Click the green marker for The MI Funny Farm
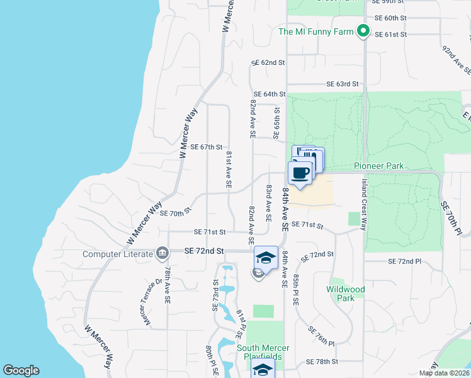pyautogui.click(x=363, y=31)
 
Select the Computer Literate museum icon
pyautogui.click(x=162, y=253)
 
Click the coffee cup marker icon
pyautogui.click(x=300, y=173)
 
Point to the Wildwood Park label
pyautogui.click(x=345, y=294)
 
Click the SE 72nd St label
pyautogui.click(x=205, y=251)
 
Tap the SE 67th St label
pyautogui.click(x=206, y=147)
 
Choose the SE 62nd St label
pyautogui.click(x=268, y=63)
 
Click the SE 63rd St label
pyautogui.click(x=342, y=84)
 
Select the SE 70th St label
pyautogui.click(x=175, y=213)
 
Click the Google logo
pyautogui.click(x=21, y=370)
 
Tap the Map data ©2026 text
pyautogui.click(x=444, y=373)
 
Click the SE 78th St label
pyautogui.click(x=322, y=362)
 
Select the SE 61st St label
pyautogui.click(x=391, y=35)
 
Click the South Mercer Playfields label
pyautogui.click(x=263, y=352)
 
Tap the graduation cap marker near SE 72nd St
pyautogui.click(x=266, y=258)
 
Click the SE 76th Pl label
pyautogui.click(x=322, y=336)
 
